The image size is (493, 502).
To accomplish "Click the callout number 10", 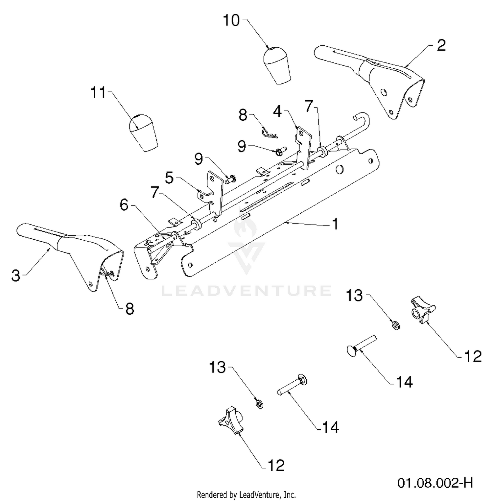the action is [x=231, y=20].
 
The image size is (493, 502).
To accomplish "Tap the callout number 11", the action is [x=99, y=93].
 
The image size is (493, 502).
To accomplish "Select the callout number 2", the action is [x=441, y=45].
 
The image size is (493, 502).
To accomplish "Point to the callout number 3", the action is [x=16, y=275].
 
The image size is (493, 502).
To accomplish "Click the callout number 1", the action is [x=335, y=224].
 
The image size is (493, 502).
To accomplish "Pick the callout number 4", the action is [x=277, y=111].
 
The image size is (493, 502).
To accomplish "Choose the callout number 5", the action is [x=169, y=178].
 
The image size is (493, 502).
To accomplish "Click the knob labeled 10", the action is [x=277, y=65].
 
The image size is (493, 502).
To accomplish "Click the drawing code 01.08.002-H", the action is [x=435, y=483].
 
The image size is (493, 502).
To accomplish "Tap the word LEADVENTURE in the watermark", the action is [x=246, y=291].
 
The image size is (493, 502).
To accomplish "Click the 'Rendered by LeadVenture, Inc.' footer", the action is [x=246, y=494].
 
